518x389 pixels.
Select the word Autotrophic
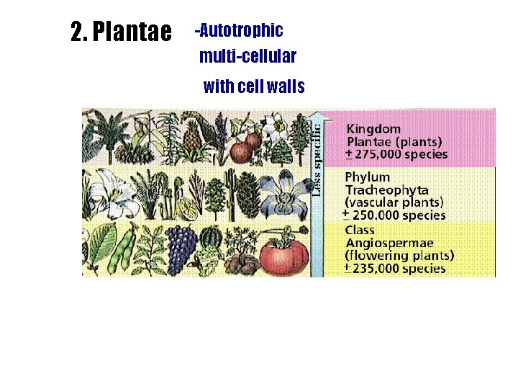(242, 31)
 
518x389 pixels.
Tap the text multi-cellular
(247, 55)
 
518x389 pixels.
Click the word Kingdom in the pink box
(373, 129)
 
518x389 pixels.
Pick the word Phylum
(368, 177)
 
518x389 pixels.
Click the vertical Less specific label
(317, 158)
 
